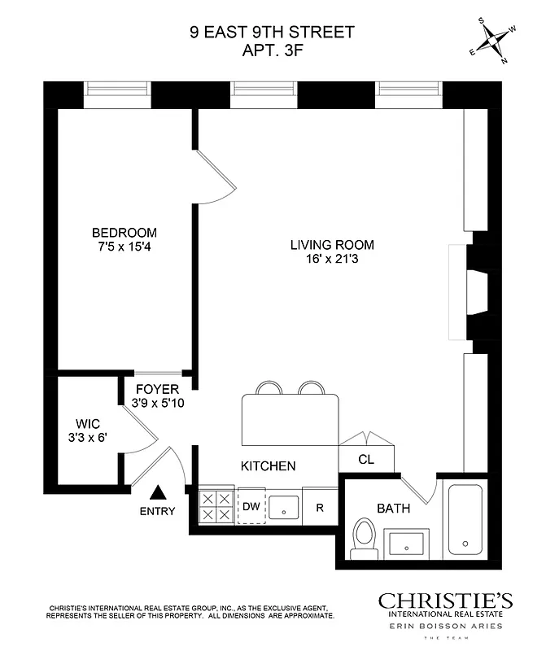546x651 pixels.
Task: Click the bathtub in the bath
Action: [464, 519]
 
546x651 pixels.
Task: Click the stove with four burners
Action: [216, 507]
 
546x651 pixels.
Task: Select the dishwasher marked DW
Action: [251, 507]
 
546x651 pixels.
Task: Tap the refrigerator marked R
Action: [320, 508]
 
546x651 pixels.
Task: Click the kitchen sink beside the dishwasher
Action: [284, 507]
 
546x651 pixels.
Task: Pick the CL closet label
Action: [366, 459]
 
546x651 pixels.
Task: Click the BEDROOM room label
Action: [124, 232]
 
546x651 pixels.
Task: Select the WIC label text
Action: [87, 423]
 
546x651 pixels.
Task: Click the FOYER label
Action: [157, 388]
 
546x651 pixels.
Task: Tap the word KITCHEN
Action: [268, 466]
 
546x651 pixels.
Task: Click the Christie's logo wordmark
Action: [445, 601]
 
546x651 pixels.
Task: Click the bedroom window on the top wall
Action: [119, 95]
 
